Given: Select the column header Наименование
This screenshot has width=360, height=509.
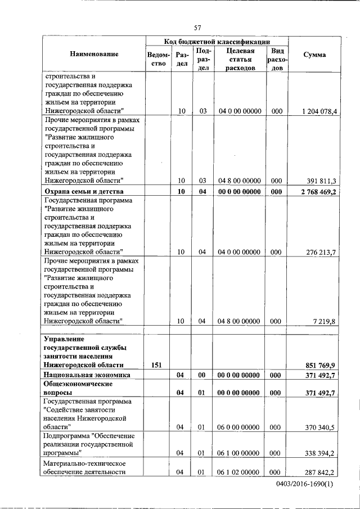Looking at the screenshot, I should [94, 55].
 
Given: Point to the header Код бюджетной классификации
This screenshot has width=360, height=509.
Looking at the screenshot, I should [217, 42].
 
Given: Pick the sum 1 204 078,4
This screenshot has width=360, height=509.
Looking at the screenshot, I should [319, 111].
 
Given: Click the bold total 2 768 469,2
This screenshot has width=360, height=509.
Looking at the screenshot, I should [318, 192].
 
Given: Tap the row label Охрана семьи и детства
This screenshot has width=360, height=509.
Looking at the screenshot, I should [83, 192].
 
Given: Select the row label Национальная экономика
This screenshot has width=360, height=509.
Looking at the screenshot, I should [87, 375].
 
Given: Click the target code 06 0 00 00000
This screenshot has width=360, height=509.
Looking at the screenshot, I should [238, 427].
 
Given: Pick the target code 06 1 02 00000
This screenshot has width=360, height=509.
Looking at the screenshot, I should [238, 472].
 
